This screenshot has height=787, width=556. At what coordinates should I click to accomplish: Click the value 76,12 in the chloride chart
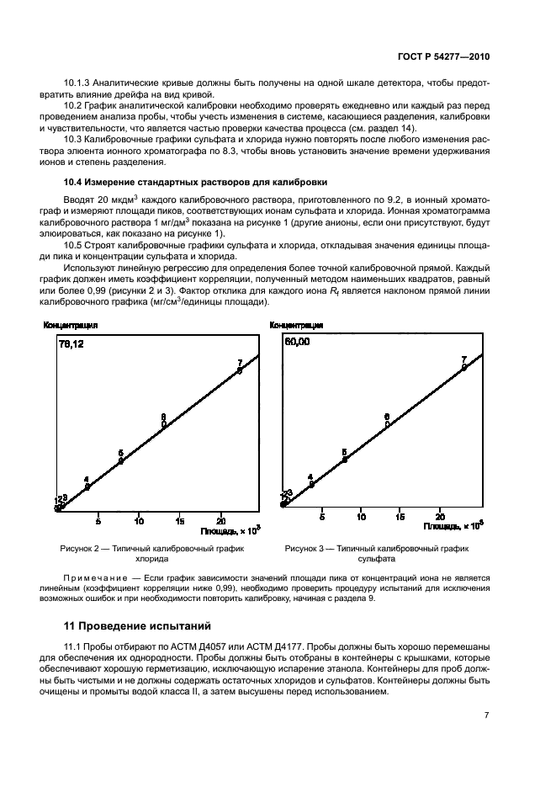click(72, 343)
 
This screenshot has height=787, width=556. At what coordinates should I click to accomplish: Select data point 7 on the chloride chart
click(240, 370)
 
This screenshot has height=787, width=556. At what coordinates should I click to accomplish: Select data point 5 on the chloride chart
click(121, 460)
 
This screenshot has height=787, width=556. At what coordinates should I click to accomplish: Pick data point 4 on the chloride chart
click(87, 487)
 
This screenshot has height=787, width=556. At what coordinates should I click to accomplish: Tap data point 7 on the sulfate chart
click(464, 367)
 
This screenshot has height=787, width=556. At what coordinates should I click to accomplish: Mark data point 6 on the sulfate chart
click(387, 424)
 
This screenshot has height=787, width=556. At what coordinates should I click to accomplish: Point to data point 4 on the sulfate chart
click(311, 484)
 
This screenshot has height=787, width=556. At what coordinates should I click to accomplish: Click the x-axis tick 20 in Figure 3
click(440, 514)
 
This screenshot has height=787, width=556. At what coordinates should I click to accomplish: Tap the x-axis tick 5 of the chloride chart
click(98, 519)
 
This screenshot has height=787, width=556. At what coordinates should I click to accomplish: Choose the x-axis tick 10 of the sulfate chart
click(361, 514)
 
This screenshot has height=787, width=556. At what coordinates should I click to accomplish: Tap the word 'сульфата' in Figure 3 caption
click(376, 558)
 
